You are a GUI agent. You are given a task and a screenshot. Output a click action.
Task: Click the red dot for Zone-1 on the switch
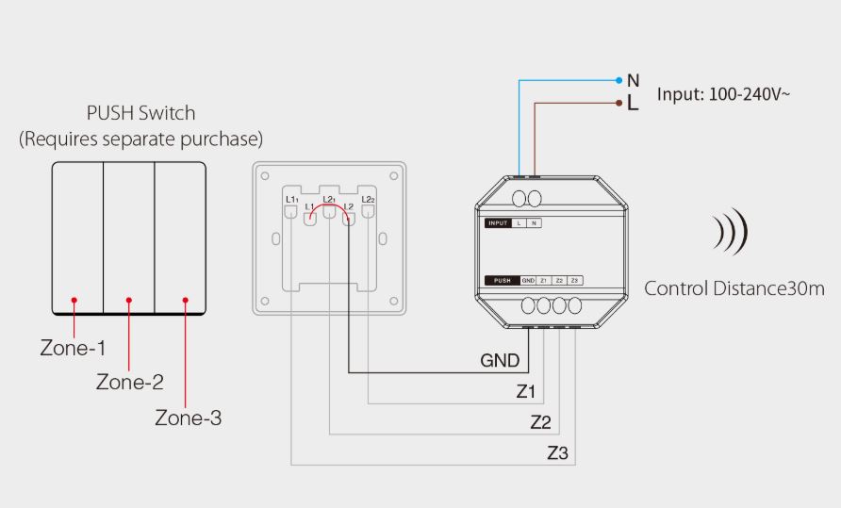pos(74,301)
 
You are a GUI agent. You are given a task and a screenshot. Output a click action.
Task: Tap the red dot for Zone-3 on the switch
pos(186,301)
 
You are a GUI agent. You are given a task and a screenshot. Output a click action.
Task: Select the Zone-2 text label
pos(130,382)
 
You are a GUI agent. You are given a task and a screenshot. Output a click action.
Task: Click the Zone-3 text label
pos(189,418)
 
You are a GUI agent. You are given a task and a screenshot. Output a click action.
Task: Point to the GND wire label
pos(500,360)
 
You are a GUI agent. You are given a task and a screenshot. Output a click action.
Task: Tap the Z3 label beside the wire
pos(557,453)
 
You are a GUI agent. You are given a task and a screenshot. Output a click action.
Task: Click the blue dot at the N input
pos(618,80)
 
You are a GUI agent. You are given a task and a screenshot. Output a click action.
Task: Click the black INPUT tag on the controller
pos(498,223)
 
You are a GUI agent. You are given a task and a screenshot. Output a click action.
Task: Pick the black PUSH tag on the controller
pos(503,281)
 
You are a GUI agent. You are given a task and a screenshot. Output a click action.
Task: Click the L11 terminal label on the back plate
pos(291,200)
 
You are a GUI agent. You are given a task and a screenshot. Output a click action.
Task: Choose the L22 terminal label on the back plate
pos(369,200)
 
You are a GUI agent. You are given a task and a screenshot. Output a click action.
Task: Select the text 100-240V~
pos(750,94)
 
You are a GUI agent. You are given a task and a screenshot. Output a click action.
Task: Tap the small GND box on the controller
pos(528,281)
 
